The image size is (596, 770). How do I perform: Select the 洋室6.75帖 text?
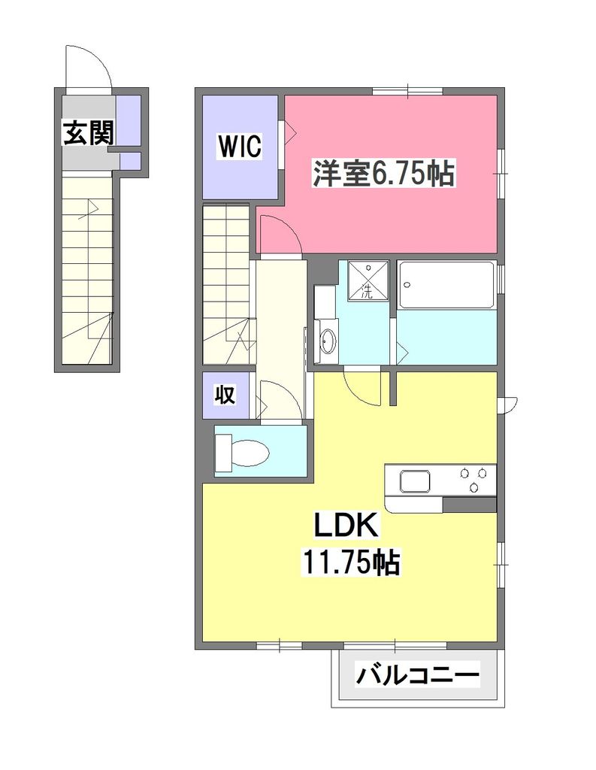pyautogui.click(x=383, y=174)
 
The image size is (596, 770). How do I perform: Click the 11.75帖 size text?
pyautogui.click(x=350, y=562)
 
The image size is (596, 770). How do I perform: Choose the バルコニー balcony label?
pyautogui.click(x=417, y=675)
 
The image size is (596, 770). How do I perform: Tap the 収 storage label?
pyautogui.click(x=224, y=394)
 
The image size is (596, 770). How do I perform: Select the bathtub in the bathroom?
pyautogui.click(x=446, y=285)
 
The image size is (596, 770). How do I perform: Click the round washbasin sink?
pyautogui.click(x=328, y=341)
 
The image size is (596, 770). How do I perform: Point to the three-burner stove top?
pyautogui.click(x=476, y=479)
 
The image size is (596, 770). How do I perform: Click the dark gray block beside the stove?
pyautogui.click(x=469, y=505)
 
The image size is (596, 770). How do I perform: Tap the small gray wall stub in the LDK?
pyautogui.click(x=392, y=388)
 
